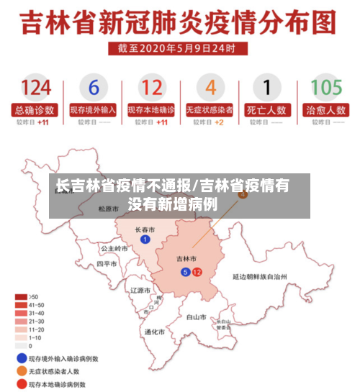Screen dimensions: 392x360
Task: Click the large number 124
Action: [x=35, y=88]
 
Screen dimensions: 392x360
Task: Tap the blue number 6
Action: [x=94, y=88]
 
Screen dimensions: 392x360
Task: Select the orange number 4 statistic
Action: [x=210, y=88]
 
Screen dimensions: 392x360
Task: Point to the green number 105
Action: [x=325, y=88]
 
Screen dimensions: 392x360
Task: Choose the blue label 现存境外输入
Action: [x=93, y=111]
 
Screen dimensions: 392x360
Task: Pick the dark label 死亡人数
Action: [x=268, y=111]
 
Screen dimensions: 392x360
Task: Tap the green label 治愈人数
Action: [x=325, y=111]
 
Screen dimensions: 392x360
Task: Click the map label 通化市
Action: [x=154, y=332]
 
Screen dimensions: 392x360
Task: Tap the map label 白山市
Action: [x=196, y=316]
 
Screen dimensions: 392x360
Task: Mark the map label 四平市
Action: [x=107, y=264]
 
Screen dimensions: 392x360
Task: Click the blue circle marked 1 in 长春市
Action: [x=145, y=240]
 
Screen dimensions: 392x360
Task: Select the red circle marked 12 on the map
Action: [x=197, y=272]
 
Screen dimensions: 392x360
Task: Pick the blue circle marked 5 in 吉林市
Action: [x=185, y=272]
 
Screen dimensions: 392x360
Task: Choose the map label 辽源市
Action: [x=139, y=290]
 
